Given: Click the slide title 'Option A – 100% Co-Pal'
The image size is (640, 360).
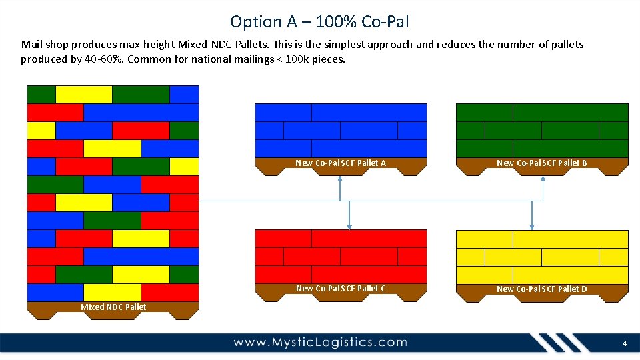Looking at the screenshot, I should (319, 21).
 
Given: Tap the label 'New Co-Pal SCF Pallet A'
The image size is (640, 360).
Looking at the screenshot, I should (341, 163).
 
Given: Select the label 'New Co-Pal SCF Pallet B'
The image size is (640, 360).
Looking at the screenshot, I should (542, 163).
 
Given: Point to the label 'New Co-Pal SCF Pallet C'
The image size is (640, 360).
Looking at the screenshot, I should (341, 288).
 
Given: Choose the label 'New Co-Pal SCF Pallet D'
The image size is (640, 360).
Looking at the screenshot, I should (542, 289).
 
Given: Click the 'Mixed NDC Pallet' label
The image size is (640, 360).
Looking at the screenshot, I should (113, 307).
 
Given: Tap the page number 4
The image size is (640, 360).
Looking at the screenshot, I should (625, 343).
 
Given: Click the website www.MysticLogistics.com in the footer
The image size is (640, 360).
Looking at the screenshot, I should (320, 343).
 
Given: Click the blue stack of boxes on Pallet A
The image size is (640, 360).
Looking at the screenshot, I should (341, 130).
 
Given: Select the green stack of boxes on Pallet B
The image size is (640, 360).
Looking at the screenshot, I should (542, 130).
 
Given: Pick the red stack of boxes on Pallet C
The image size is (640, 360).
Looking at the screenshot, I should (341, 256).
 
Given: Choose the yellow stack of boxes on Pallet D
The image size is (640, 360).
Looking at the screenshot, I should (542, 257).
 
